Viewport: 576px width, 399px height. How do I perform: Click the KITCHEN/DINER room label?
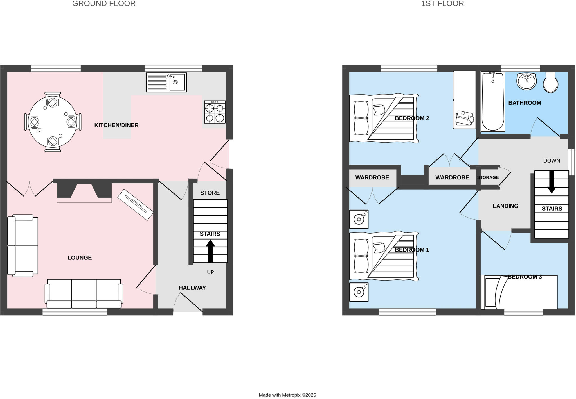pos(116,125)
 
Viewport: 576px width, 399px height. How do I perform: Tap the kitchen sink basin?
pos(177,82)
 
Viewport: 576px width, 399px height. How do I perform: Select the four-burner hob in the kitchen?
pos(215,112)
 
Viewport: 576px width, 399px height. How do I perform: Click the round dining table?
pos(53,122)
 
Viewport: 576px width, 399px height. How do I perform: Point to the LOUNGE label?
pos(80,258)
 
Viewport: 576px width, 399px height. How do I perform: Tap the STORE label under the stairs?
pos(210,193)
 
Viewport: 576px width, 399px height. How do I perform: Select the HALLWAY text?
pos(192,288)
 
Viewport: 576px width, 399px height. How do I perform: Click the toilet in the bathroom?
pos(550,83)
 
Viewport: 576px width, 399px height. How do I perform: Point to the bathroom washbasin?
pos(526,81)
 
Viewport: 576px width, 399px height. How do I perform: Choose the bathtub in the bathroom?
pos(492,102)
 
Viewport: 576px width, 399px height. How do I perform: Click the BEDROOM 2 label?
pos(412,118)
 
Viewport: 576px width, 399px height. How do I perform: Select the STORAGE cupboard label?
pos(488,177)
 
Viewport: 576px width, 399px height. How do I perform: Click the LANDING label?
pos(505,206)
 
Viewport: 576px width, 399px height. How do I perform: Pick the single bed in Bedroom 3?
pos(519,292)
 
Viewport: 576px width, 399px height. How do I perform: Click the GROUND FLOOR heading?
pos(104,4)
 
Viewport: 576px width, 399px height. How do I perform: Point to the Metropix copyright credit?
pos(287,395)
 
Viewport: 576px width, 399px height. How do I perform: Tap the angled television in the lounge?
pos(136,205)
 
